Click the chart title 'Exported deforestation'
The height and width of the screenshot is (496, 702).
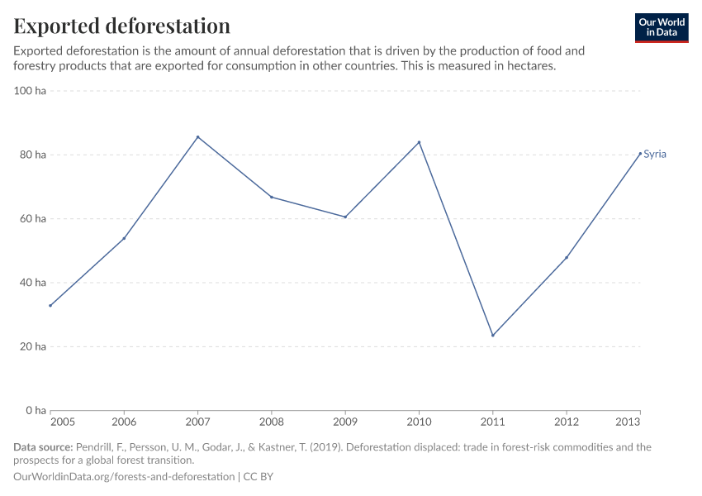click(121, 26)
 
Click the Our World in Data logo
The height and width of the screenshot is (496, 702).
click(661, 27)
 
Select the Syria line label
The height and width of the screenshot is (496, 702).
click(655, 155)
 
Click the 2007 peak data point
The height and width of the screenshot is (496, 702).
click(197, 137)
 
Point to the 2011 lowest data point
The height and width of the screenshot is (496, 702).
click(493, 335)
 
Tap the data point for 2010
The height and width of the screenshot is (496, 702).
click(419, 142)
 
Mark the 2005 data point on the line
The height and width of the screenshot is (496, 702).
click(50, 306)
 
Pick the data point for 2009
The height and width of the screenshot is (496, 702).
click(345, 217)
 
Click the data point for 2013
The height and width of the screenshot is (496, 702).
click(640, 153)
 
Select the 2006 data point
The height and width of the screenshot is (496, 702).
click(124, 238)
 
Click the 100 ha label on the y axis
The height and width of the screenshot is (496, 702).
click(30, 91)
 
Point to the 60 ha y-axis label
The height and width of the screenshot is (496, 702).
click(32, 219)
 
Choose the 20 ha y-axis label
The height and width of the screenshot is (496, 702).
click(32, 346)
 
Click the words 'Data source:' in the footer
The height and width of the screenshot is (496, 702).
click(43, 447)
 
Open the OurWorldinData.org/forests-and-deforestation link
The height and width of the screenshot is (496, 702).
click(124, 477)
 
